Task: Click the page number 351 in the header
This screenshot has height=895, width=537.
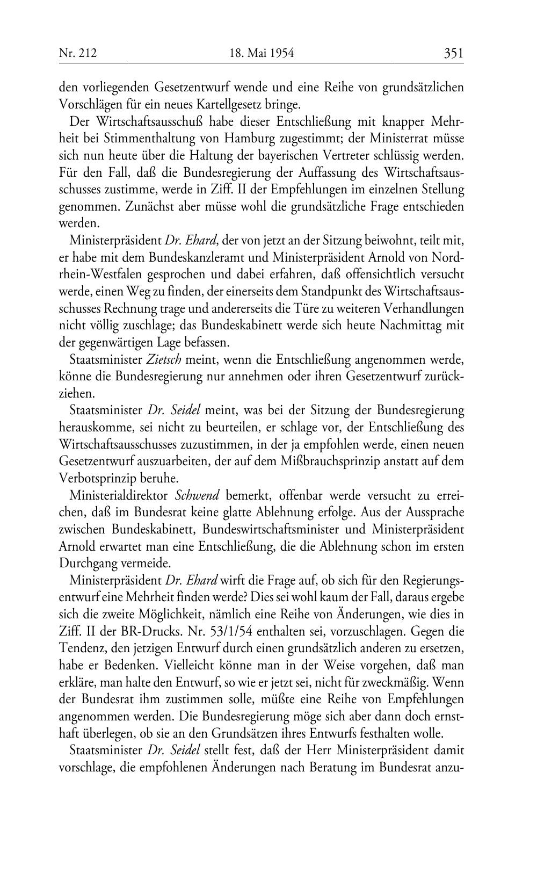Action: pos(453,53)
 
